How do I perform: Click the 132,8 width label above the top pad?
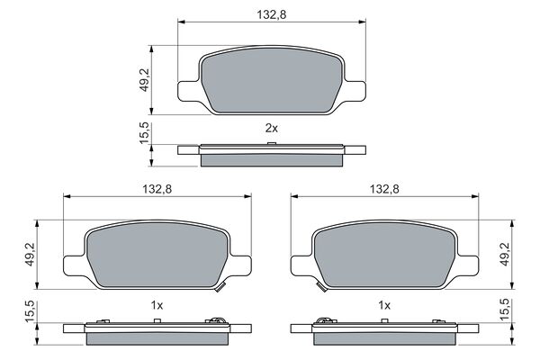(271, 13)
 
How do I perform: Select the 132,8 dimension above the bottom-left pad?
(157, 189)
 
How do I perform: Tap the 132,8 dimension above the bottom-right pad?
(383, 189)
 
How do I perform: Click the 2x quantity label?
(271, 129)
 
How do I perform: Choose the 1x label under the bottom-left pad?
(157, 305)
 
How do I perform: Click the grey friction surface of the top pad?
(271, 84)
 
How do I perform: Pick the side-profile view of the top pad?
(271, 154)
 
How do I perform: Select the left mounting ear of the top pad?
(190, 90)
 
